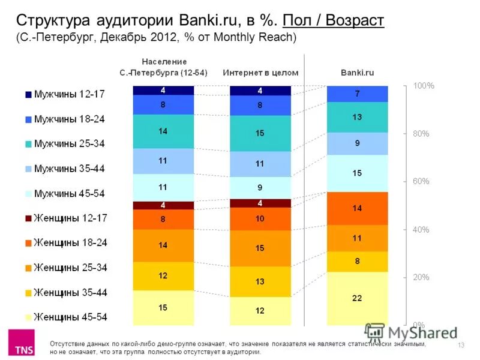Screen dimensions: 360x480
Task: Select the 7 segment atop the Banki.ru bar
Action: (357, 94)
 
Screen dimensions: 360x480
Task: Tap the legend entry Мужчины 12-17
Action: (65, 94)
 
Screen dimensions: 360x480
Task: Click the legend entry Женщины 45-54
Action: (65, 316)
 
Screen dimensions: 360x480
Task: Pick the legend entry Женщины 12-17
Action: (65, 218)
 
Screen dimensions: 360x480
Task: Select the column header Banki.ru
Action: (357, 73)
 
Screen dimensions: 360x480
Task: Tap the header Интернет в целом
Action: (260, 73)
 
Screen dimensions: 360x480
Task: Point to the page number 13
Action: (461, 344)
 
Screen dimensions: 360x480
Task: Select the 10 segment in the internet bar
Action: (260, 219)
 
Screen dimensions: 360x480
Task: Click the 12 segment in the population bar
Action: (163, 276)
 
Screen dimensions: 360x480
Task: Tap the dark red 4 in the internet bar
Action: (260, 203)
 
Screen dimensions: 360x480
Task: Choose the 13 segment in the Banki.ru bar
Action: (357, 117)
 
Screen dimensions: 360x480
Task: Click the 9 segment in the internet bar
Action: (260, 187)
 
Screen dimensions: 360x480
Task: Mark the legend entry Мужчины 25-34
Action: (65, 144)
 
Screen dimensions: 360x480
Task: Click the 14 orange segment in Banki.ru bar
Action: (357, 208)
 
